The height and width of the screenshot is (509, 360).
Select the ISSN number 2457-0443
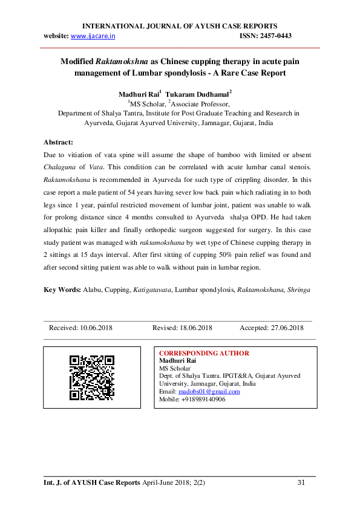[x=275, y=36]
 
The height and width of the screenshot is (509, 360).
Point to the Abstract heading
[x=59, y=143]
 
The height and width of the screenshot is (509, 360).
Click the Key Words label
[x=62, y=290]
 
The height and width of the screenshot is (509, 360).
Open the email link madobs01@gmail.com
[x=209, y=392]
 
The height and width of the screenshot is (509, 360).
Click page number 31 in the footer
[x=302, y=482]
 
